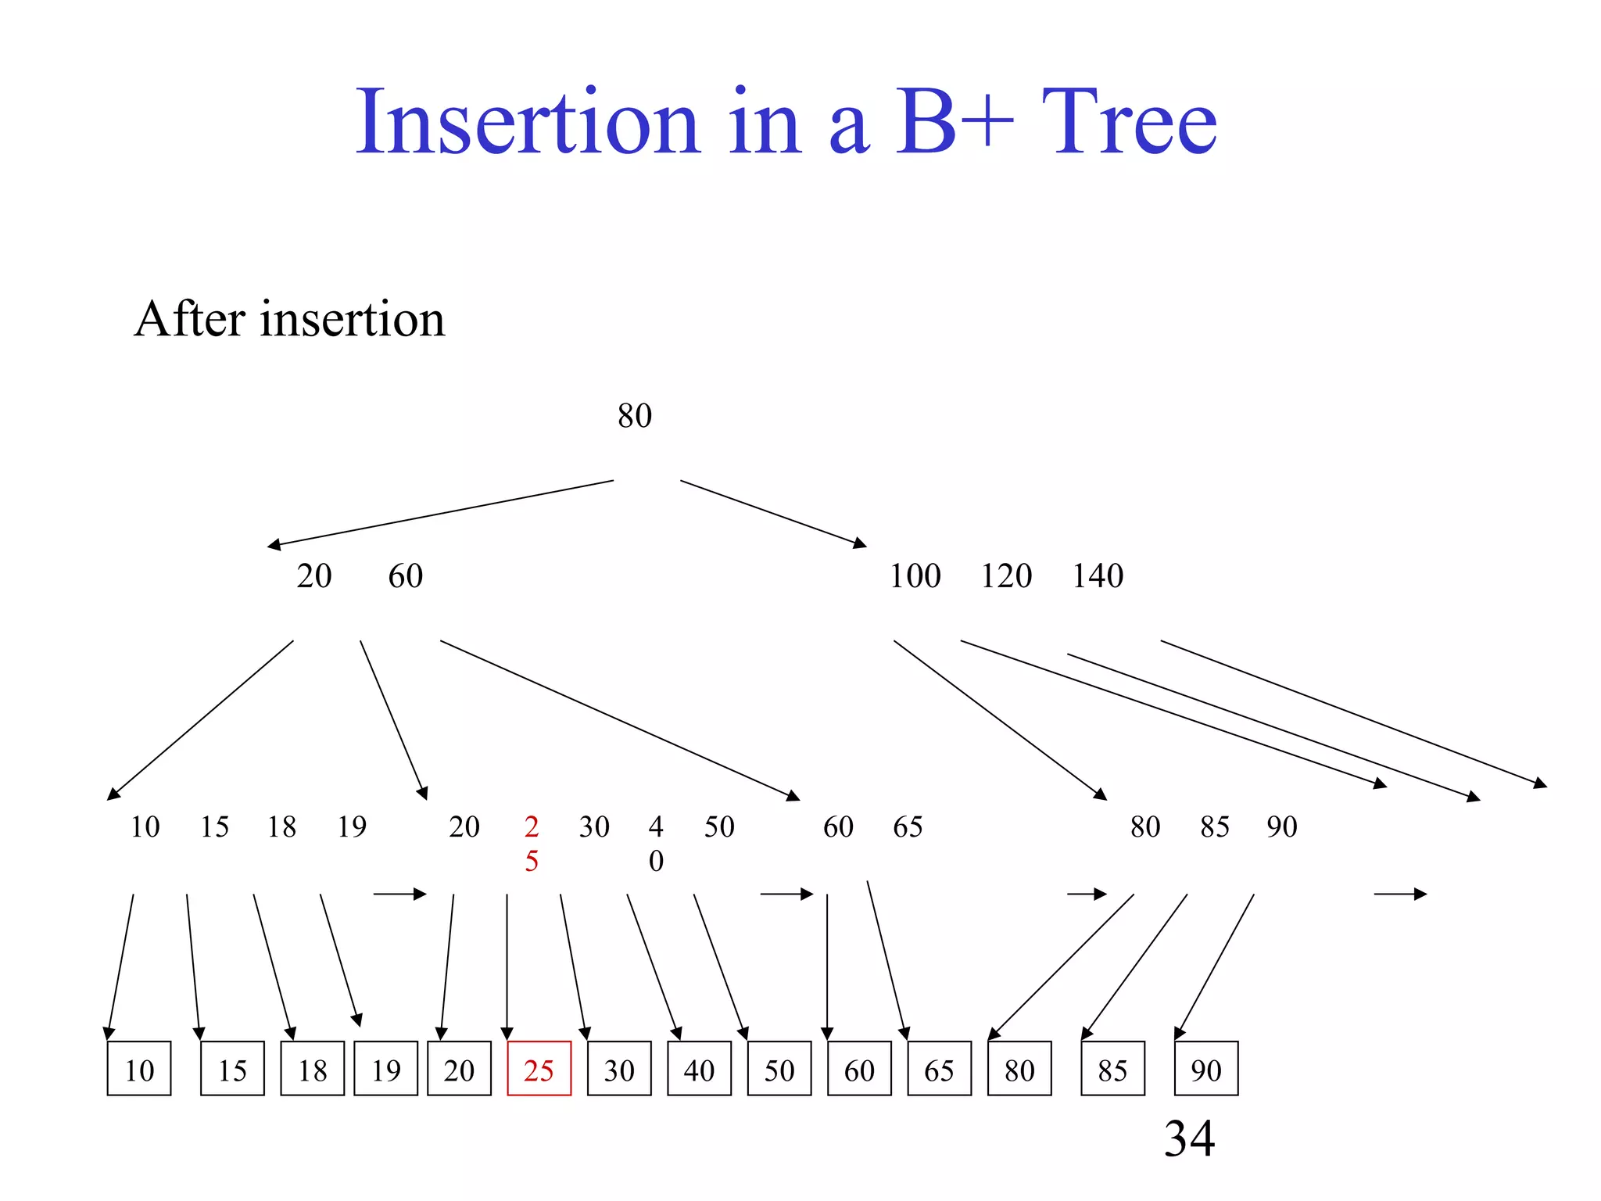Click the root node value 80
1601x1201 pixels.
click(x=634, y=416)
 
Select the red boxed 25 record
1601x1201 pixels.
click(x=539, y=1069)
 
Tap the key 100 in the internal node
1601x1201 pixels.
click(x=915, y=576)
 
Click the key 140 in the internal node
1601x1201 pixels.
click(x=1097, y=576)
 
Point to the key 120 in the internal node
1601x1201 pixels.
click(x=1006, y=576)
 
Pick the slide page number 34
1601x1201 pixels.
click(x=1189, y=1138)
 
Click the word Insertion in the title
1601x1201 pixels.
click(x=528, y=123)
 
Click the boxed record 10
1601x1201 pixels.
click(x=139, y=1069)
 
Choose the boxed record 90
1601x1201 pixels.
click(x=1206, y=1069)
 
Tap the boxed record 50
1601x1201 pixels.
click(x=779, y=1069)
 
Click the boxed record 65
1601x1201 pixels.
click(x=939, y=1069)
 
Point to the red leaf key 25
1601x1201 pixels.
click(x=532, y=843)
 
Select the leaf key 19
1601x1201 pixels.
click(x=352, y=826)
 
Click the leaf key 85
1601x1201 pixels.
click(x=1215, y=826)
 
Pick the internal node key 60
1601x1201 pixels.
click(x=405, y=576)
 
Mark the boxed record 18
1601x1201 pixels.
click(x=313, y=1069)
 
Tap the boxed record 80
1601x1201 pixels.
click(x=1019, y=1069)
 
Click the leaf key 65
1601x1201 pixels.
click(x=908, y=826)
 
